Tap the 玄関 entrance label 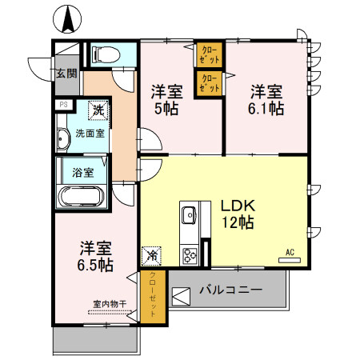pos(66,74)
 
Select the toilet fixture pos(103,54)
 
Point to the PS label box pos(62,104)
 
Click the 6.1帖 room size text pos(266,109)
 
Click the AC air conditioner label pos(290,254)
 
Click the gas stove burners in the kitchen pos(190,257)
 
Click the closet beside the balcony pos(153,295)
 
